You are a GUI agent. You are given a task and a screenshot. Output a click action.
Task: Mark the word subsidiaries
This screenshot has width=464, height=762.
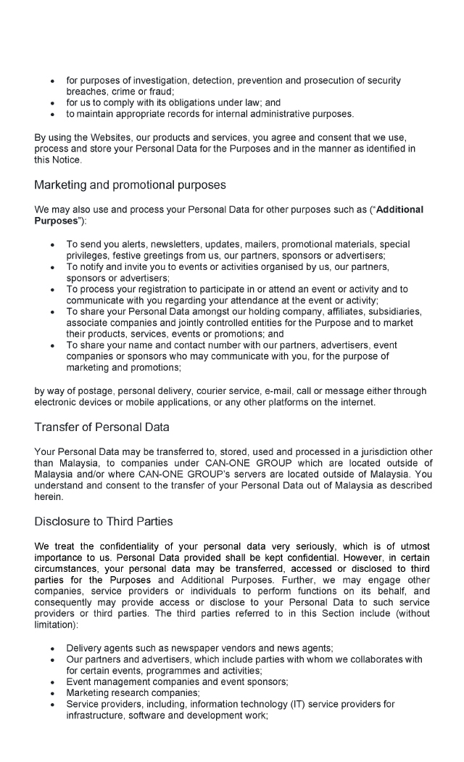(392, 311)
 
